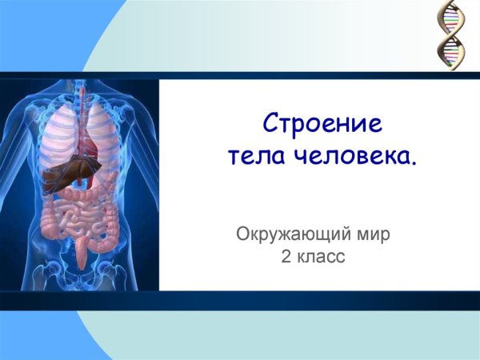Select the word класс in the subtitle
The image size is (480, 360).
point(323,258)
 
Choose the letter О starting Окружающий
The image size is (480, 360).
point(242,235)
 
